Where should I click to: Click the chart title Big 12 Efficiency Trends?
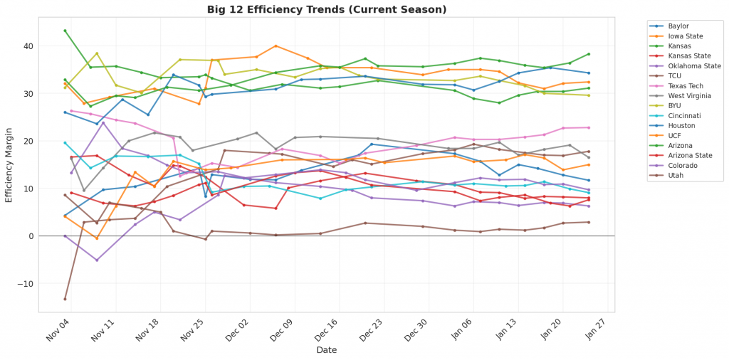click(327, 9)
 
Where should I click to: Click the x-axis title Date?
click(327, 350)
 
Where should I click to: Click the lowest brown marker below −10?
click(65, 299)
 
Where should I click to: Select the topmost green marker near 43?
click(65, 31)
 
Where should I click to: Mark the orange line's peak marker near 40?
click(276, 46)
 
